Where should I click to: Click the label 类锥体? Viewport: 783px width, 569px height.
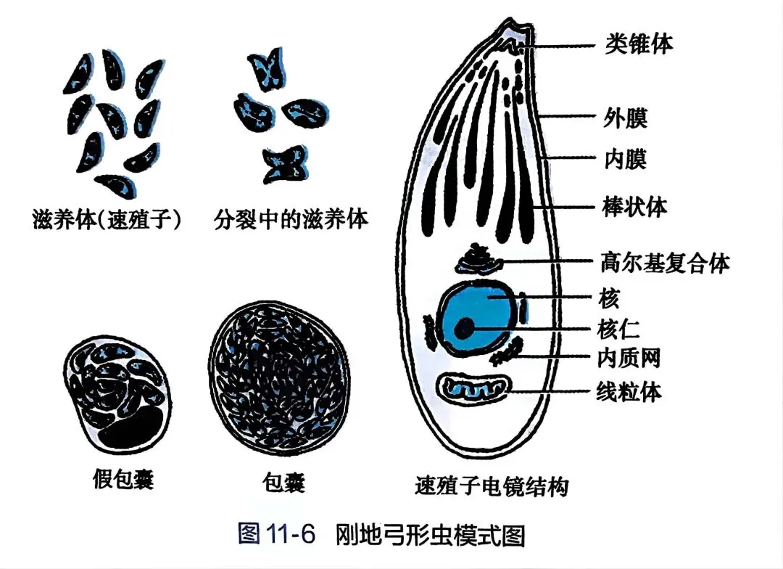(x=639, y=44)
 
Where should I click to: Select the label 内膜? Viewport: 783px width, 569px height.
(x=625, y=159)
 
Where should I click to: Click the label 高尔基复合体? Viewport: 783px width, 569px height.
(x=665, y=262)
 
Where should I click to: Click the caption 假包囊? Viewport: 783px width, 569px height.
(x=123, y=479)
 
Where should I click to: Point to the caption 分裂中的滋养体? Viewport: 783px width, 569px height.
(x=291, y=218)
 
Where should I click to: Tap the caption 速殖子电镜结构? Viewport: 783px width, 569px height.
(x=492, y=484)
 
